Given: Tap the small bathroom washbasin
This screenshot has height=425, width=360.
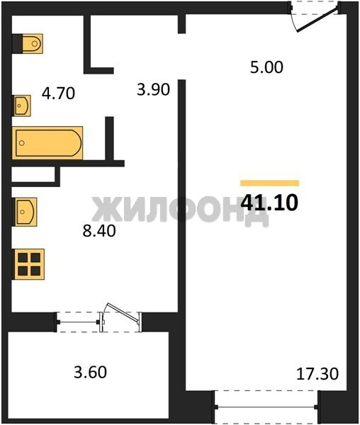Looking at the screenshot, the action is coord(22,106).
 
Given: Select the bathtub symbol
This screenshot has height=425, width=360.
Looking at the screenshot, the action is coord(47,143).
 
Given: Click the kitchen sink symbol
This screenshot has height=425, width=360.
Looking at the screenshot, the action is coord(26,212).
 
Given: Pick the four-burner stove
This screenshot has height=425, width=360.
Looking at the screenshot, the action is coord(29,264).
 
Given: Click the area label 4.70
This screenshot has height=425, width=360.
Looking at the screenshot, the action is coord(58,93).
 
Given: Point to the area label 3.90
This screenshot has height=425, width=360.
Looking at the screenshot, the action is coord(154,89).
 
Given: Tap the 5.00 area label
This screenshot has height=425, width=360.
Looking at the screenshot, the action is coord(266,67).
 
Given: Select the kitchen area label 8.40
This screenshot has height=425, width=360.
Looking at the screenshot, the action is coord(99,231).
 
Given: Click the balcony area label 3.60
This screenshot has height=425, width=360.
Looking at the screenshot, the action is coord(90,373).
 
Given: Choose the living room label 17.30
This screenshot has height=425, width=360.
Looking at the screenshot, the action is coord(317,374).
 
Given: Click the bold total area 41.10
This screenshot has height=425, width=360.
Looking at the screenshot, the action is coord(269,203).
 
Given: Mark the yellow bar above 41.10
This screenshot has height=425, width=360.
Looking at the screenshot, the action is coord(270,183).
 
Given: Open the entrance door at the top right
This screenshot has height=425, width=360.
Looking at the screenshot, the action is coord(317,20).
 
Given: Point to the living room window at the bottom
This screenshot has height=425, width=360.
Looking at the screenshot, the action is coord(266,407).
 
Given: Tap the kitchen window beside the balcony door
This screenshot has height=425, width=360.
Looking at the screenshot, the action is coord(78,322).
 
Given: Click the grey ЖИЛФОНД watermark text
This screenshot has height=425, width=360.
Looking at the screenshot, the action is coord(180,212).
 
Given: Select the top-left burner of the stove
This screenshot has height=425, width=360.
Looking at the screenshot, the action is coord(23,258).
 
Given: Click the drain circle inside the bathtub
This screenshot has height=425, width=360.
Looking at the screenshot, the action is coord(22,143).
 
